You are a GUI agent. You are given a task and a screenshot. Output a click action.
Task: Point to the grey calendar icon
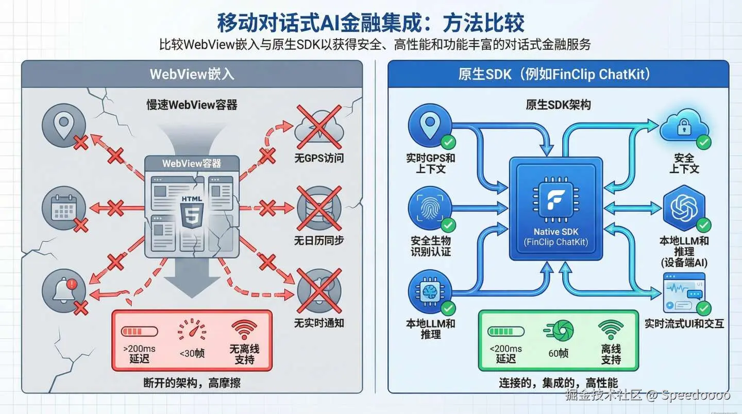click(x=64, y=208)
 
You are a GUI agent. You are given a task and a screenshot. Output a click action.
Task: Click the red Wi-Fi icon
click(x=244, y=330)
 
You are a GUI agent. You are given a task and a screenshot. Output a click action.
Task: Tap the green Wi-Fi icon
click(x=611, y=329)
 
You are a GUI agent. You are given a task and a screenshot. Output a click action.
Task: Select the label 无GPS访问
click(x=318, y=158)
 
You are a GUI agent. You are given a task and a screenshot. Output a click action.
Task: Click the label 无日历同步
click(x=318, y=240)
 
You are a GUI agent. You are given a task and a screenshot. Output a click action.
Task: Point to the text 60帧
click(x=558, y=353)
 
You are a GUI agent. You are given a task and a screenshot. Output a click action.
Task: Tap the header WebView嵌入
click(x=192, y=74)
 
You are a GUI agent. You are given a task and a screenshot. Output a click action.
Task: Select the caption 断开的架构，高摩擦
click(x=192, y=383)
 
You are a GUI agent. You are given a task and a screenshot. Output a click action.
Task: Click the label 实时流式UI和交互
click(x=684, y=324)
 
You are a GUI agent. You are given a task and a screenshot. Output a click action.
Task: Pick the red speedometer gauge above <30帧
click(x=191, y=330)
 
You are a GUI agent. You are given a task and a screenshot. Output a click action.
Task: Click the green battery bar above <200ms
click(x=506, y=331)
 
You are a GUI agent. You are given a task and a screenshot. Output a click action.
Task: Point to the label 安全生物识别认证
click(x=431, y=246)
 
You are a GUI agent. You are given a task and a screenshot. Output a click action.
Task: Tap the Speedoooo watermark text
click(x=696, y=395)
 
